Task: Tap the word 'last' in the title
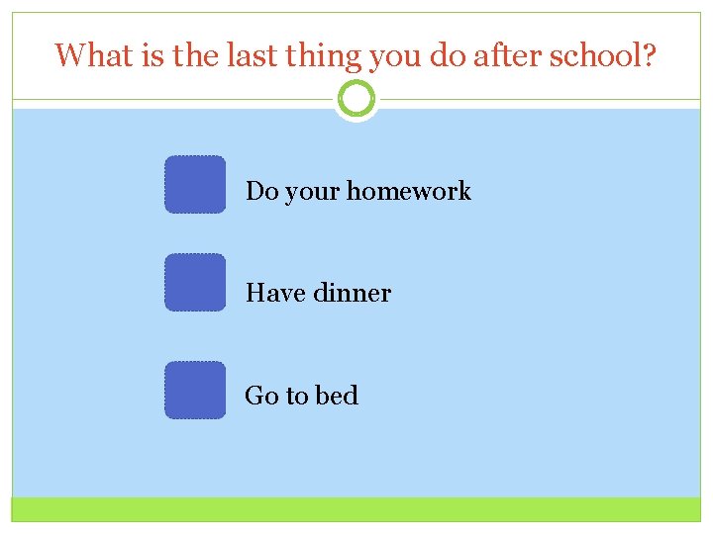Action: (x=248, y=55)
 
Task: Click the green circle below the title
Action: (x=356, y=99)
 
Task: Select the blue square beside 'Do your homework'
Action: (x=195, y=185)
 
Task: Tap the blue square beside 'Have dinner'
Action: (x=195, y=283)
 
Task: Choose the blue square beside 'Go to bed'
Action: (x=195, y=390)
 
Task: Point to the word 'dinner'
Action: (x=352, y=293)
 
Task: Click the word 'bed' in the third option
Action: (x=337, y=396)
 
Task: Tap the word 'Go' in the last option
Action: (x=261, y=396)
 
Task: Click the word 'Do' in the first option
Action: (x=261, y=191)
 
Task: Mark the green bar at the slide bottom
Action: (x=356, y=509)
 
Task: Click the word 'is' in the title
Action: (x=152, y=55)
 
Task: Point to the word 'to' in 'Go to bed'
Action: (x=297, y=397)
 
